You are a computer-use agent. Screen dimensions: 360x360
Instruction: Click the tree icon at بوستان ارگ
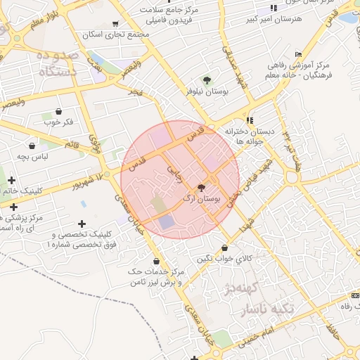tap(202, 188)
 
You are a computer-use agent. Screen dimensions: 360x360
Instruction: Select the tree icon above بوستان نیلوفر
tap(207, 80)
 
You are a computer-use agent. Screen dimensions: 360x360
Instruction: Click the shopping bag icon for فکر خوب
tap(58, 112)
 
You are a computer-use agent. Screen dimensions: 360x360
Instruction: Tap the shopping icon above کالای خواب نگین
tap(224, 248)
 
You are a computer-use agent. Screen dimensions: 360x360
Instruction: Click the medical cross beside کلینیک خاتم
tap(11, 181)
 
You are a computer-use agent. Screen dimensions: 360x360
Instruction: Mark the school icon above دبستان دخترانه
tap(250, 120)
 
